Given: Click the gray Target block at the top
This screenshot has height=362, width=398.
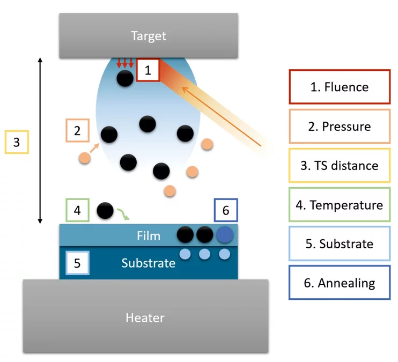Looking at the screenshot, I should pos(149,36).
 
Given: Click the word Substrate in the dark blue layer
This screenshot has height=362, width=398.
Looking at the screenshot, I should pos(148,263).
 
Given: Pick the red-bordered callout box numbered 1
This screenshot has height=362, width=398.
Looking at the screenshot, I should pos(148,70).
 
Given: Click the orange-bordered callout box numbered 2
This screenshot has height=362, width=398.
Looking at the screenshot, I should pos(77,130).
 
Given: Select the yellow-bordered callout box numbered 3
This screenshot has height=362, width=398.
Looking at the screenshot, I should pos(16,142).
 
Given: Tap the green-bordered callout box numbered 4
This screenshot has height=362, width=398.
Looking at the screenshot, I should pos(77,210).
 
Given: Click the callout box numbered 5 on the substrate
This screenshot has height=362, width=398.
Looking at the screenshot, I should pos(77,263).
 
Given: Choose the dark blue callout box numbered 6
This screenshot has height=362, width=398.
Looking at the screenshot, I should pos(225,210).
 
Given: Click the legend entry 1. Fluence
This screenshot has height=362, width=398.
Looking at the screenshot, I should pos(339,86).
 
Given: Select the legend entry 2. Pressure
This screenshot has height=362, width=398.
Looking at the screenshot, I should pos(339,126).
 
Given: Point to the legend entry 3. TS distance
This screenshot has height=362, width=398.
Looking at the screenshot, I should pos(339,165).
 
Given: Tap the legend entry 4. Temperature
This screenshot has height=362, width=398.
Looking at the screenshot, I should pos(339,205).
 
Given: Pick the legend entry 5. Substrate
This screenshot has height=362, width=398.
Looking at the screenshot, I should pos(339,244).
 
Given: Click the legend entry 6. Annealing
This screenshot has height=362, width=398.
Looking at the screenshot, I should pos(339,283).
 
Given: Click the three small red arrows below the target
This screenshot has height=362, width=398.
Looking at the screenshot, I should pos(124,63).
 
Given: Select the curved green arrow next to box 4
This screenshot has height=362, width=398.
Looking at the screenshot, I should pos(123,214).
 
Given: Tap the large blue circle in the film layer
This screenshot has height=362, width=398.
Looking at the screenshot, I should pos(225,234).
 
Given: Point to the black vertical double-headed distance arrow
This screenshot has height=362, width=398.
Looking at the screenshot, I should pos(40,141).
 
